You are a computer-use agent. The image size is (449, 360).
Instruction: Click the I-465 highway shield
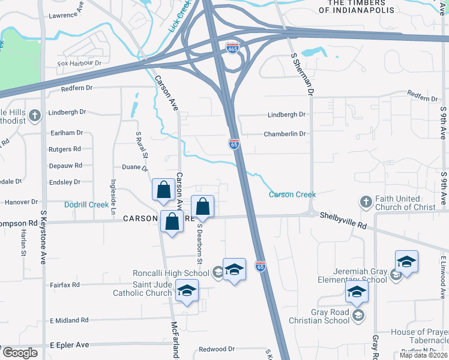233,47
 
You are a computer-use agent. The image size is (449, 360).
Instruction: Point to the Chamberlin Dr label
285,134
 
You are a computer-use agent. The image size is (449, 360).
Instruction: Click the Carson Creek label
292,194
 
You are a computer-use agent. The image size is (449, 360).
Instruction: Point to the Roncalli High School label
170,273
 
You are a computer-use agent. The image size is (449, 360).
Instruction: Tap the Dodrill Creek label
86,204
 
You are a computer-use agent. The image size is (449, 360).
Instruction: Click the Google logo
19,353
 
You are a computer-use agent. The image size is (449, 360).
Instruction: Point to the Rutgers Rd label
64,149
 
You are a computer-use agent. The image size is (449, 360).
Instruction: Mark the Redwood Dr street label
217,349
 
